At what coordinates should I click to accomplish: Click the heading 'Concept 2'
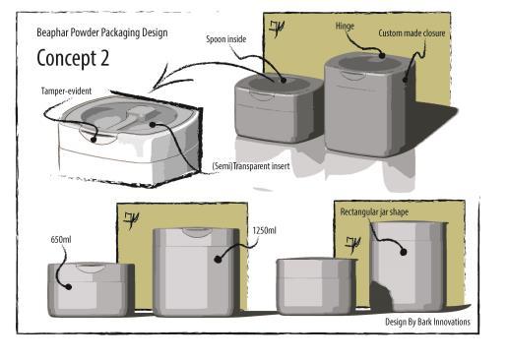click(x=73, y=58)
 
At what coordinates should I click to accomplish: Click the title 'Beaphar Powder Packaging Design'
click(x=102, y=32)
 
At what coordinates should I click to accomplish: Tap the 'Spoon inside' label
click(x=226, y=39)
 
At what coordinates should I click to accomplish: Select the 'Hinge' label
click(x=345, y=27)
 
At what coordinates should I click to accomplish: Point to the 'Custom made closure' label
click(x=412, y=33)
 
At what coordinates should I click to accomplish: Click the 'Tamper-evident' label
click(x=66, y=90)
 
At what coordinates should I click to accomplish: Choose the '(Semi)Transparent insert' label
click(x=251, y=166)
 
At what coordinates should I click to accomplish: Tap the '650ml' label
click(x=61, y=240)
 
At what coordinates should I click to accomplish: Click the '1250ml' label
click(x=264, y=230)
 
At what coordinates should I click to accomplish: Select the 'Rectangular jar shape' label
click(x=374, y=212)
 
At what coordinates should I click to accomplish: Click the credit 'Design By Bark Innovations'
click(x=427, y=322)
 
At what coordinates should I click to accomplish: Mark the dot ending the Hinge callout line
click(x=382, y=55)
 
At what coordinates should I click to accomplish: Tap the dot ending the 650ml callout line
click(x=69, y=287)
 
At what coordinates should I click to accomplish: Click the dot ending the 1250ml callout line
click(x=218, y=259)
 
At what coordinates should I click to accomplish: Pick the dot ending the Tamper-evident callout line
click(x=94, y=140)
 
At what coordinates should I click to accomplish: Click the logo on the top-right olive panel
click(x=277, y=29)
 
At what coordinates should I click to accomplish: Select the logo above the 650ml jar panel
click(x=131, y=219)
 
